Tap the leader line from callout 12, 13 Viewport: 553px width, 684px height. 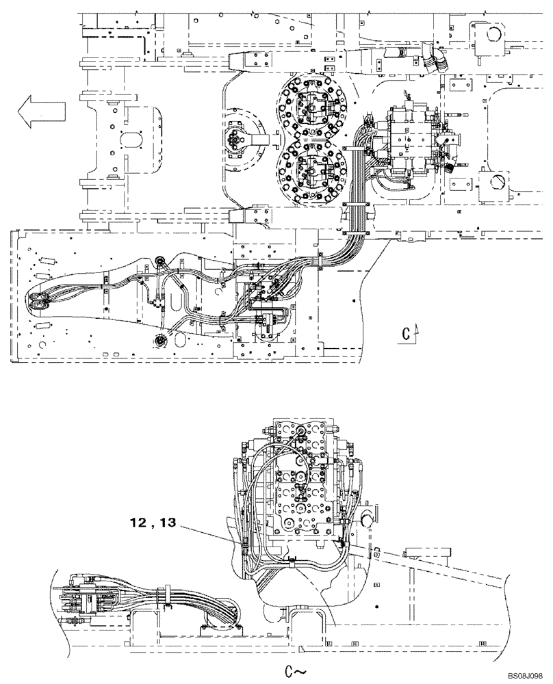pyautogui.click(x=209, y=534)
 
